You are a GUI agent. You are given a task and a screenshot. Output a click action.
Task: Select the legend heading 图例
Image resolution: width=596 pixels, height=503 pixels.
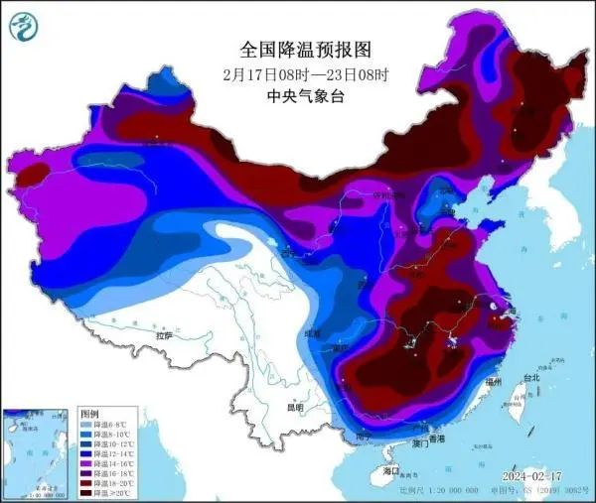pyautogui.click(x=89, y=413)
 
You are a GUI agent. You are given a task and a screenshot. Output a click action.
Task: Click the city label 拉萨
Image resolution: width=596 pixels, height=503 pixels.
pyautogui.click(x=163, y=337)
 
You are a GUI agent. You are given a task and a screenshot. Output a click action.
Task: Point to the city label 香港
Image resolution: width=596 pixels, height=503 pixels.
pyautogui.click(x=435, y=438)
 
